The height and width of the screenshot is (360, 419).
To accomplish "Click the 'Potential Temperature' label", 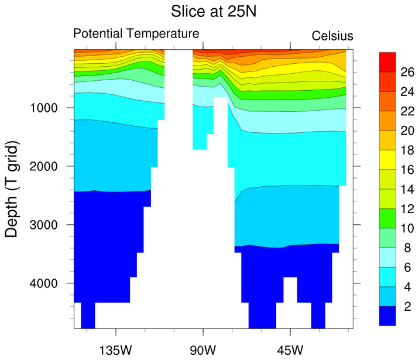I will pos(136,34).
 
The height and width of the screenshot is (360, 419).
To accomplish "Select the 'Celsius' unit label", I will pos(332,36).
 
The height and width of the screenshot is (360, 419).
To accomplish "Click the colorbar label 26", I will pos(408,73).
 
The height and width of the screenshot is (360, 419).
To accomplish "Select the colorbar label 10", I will pos(408,228).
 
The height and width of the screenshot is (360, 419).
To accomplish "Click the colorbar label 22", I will pos(408,111).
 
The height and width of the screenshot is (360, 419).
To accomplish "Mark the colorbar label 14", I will pos(408,189).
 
